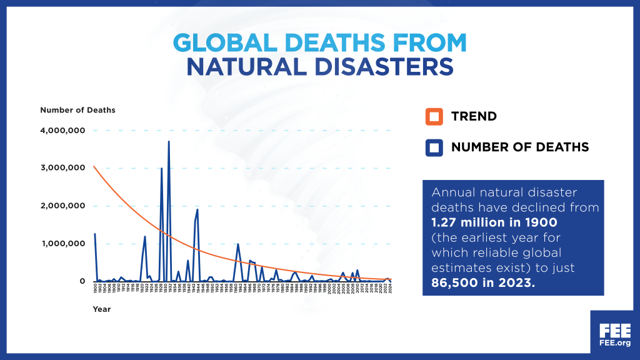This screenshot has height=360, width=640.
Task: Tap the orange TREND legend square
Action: coord(434,116)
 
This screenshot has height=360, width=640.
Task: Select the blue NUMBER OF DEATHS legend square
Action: coord(434,147)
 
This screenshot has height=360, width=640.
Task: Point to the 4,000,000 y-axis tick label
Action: coord(62,131)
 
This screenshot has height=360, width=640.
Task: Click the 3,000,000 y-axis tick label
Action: coord(62,168)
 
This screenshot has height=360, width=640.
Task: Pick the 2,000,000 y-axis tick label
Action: coord(62,206)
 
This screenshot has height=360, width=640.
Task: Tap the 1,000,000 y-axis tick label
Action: coord(62,244)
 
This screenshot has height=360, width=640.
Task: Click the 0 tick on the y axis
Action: coord(82,281)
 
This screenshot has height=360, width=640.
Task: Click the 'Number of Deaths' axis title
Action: coord(77,110)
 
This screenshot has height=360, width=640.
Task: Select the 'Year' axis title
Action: coord(102,309)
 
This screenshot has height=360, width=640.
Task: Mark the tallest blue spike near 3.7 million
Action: coord(169,142)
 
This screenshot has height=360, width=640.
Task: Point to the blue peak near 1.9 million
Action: coord(197,209)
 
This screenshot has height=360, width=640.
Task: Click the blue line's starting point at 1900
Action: coord(95,234)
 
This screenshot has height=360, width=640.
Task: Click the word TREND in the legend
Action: coord(474,116)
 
